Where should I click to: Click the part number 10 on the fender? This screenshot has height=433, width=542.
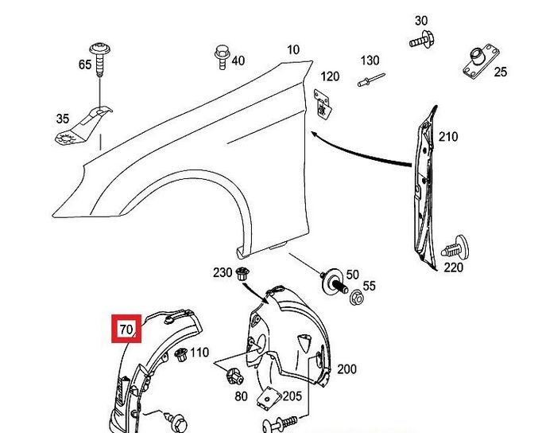[x=293, y=50]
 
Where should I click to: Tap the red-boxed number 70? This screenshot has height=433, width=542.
[x=126, y=329]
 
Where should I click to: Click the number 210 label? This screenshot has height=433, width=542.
[x=448, y=137]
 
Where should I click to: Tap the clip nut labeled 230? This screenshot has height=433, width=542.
[x=244, y=275]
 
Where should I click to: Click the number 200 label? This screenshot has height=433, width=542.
[x=346, y=369]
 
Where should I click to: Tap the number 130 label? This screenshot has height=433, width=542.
[x=370, y=60]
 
